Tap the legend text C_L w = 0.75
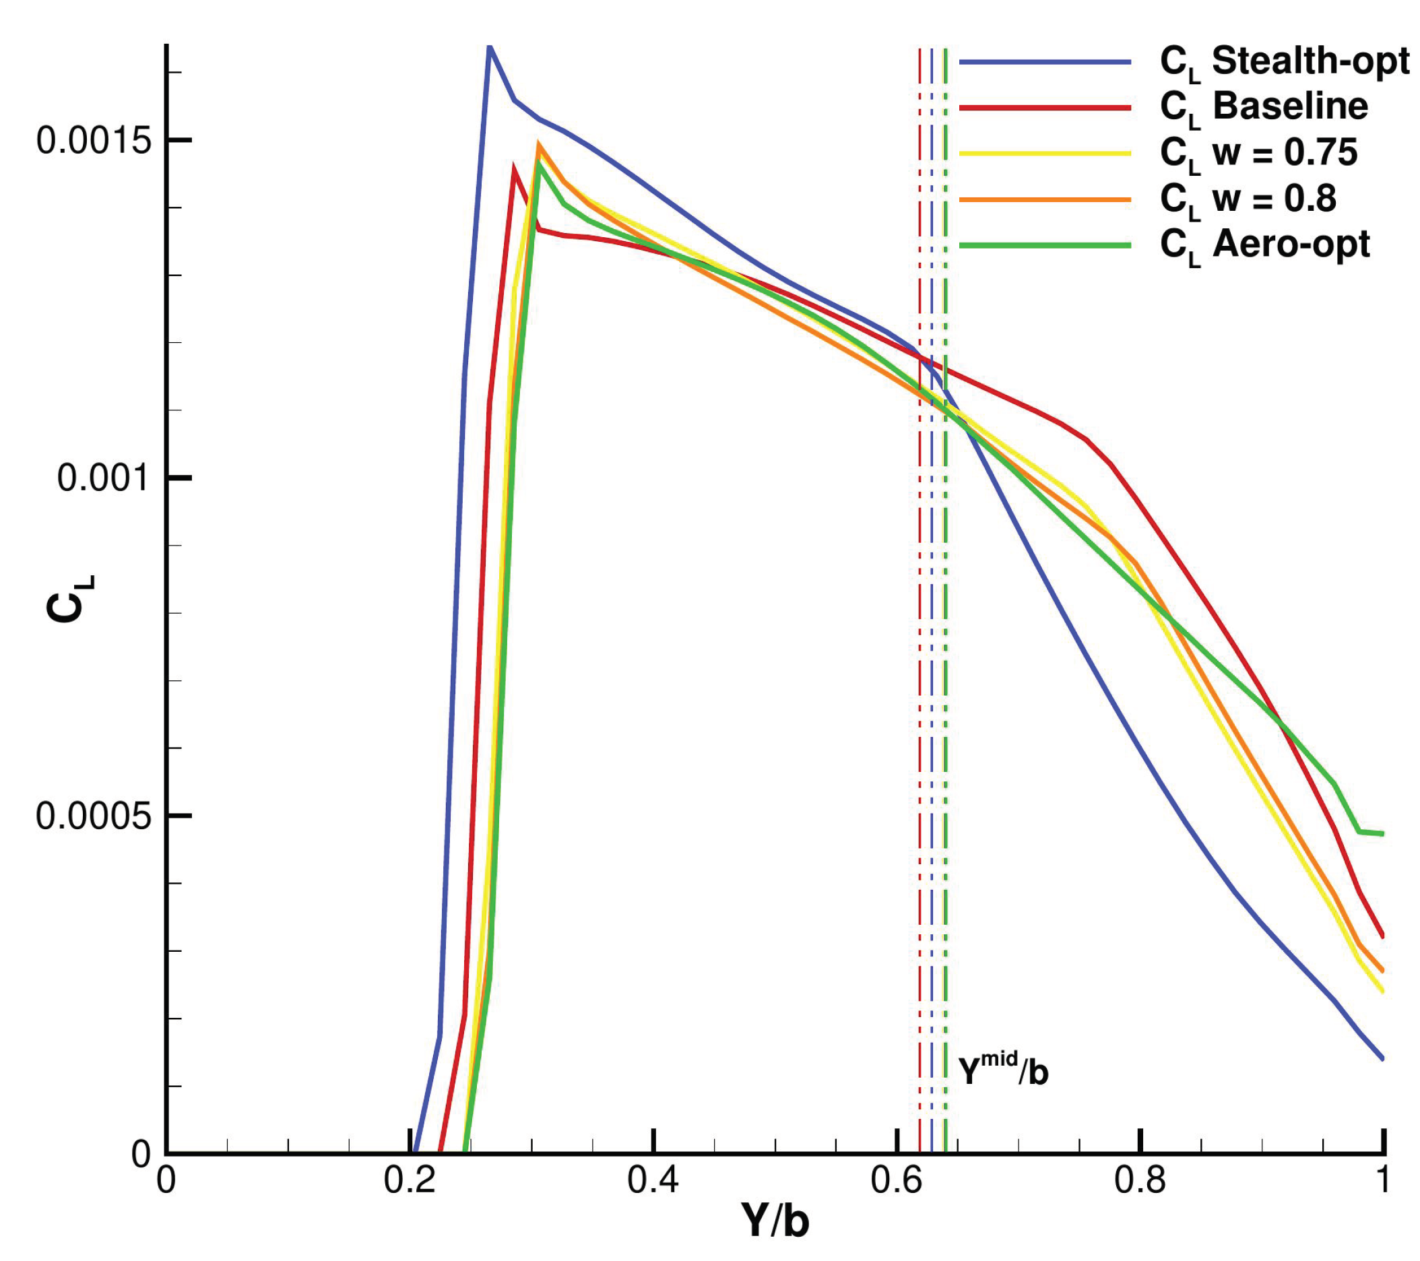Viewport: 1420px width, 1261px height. (1258, 154)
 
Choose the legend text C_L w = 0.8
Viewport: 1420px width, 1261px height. (1248, 199)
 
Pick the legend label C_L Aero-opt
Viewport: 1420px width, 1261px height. (1264, 245)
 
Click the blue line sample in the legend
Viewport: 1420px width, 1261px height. (1045, 63)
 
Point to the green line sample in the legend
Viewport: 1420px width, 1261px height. (1045, 245)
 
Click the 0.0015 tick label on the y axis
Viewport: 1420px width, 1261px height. (94, 141)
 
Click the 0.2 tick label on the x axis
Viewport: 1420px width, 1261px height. (409, 1180)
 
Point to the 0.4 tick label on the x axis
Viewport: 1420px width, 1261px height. (653, 1180)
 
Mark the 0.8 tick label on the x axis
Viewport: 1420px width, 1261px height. (1140, 1180)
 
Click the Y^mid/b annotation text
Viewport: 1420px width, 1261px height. (1002, 1070)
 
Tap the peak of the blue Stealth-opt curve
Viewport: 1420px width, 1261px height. (489, 47)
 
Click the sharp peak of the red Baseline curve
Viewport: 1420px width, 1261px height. (514, 167)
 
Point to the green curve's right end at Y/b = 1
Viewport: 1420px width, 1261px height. (1382, 834)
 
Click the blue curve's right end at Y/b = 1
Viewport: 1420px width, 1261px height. (1382, 1058)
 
